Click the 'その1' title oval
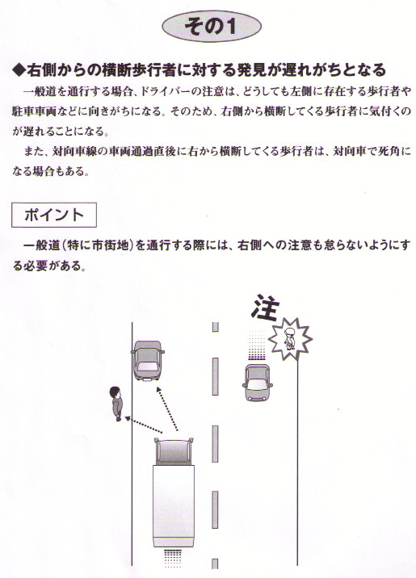point(212,27)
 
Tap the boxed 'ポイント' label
point(54,215)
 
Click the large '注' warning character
point(265,307)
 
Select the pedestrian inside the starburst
point(288,339)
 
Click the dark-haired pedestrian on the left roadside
point(116,404)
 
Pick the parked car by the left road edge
point(148,360)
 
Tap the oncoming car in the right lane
point(258,383)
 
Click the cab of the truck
point(174,451)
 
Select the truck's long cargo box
point(174,505)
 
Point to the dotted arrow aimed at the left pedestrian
point(144,425)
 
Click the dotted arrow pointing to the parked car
point(167,408)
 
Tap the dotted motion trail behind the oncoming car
point(257,345)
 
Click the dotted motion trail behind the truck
point(172,557)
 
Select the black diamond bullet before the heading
point(19,70)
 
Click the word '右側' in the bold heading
point(40,70)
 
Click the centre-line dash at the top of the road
point(216,327)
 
